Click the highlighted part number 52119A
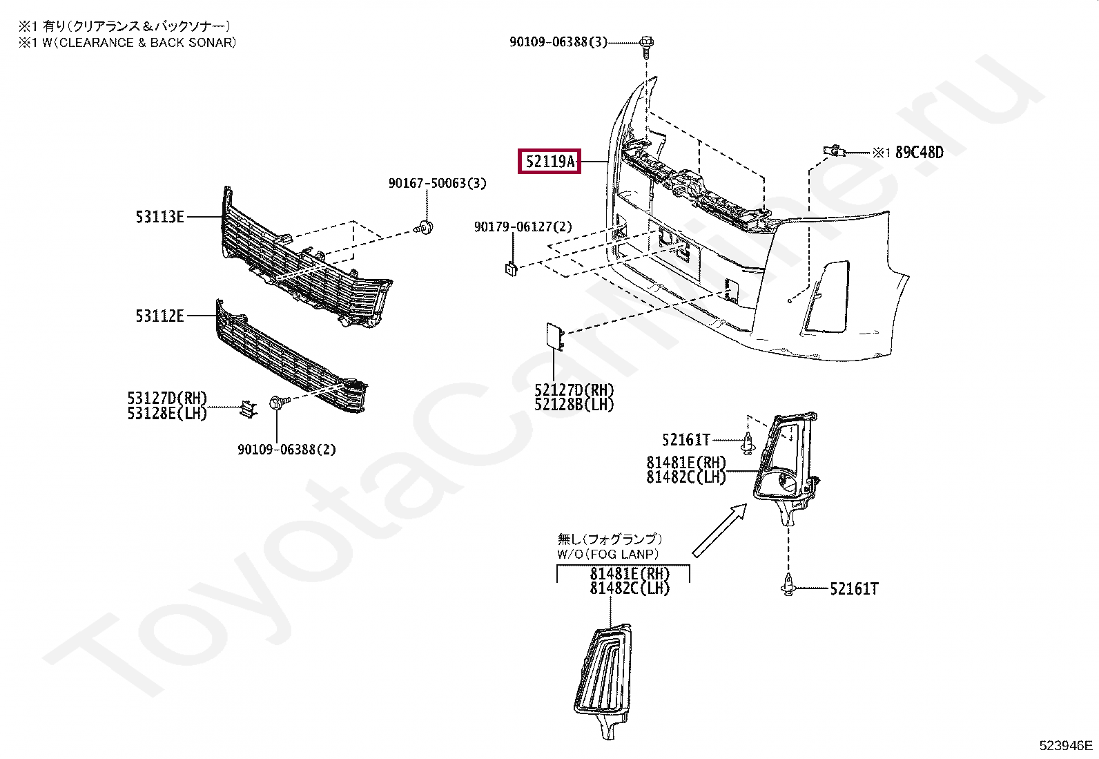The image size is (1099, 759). click(549, 162)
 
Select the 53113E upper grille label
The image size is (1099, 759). click(159, 217)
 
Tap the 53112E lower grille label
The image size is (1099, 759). click(159, 316)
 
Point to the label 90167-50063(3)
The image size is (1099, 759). click(437, 184)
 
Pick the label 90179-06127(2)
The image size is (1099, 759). click(523, 227)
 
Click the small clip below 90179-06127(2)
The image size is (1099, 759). click(511, 269)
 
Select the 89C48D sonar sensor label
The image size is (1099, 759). click(919, 153)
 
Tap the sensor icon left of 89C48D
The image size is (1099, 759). click(833, 151)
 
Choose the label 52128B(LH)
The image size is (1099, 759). click(574, 405)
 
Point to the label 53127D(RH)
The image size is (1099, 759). click(167, 398)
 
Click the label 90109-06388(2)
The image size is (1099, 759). click(286, 450)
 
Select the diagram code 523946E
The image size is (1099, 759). click(1067, 746)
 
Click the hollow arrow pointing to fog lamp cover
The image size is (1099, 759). click(719, 529)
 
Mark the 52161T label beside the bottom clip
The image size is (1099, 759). click(854, 589)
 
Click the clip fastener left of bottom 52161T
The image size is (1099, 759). click(788, 588)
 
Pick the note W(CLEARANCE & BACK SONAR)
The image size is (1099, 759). click(127, 42)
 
